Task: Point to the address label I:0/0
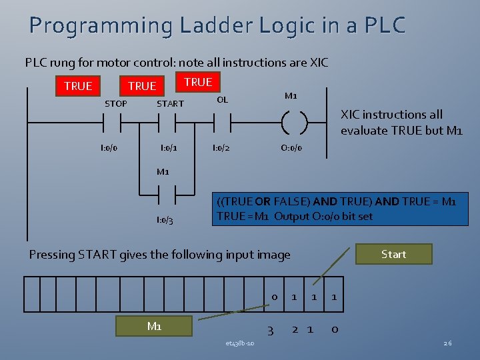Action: click(x=109, y=147)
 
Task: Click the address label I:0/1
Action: click(x=169, y=147)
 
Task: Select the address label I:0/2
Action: click(x=221, y=147)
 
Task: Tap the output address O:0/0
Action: click(x=291, y=147)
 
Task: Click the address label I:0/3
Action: click(x=165, y=220)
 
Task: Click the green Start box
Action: click(x=393, y=254)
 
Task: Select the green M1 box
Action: click(x=154, y=325)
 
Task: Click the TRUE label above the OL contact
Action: click(x=198, y=82)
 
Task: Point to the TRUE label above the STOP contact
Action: click(x=78, y=86)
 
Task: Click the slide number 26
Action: click(x=447, y=343)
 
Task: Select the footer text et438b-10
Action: click(x=239, y=343)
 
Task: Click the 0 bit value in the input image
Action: click(x=274, y=297)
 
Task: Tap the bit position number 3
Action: click(x=270, y=330)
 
